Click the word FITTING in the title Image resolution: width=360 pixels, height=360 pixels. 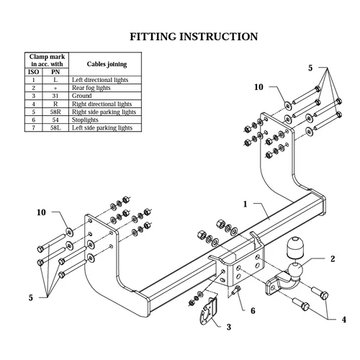pyautogui.click(x=153, y=37)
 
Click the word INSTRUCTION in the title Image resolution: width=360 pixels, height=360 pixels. pyautogui.click(x=219, y=37)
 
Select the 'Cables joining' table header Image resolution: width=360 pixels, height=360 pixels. pyautogui.click(x=107, y=64)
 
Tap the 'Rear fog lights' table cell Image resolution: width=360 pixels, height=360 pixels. pyautogui.click(x=91, y=88)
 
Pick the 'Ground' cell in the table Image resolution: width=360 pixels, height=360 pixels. pyautogui.click(x=82, y=96)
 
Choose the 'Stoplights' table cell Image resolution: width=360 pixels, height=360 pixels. pyautogui.click(x=85, y=120)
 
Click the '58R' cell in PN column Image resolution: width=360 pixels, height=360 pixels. pyautogui.click(x=55, y=112)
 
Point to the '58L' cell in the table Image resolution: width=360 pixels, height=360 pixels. pyautogui.click(x=55, y=127)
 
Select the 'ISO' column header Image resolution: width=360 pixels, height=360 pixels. pyautogui.click(x=34, y=72)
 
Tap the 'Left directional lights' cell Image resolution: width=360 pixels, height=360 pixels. pyautogui.click(x=100, y=80)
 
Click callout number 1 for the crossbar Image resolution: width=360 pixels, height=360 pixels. pyautogui.click(x=245, y=204)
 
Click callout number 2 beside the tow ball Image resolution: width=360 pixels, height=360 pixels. pyautogui.click(x=333, y=258)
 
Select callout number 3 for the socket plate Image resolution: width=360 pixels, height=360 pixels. pyautogui.click(x=229, y=327)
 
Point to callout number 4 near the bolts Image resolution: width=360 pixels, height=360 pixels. pyautogui.click(x=344, y=320)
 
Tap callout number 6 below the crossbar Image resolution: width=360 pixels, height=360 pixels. pyautogui.click(x=253, y=311)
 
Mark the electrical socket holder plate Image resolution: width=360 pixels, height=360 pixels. pyautogui.click(x=208, y=311)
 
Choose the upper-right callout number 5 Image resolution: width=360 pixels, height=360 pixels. pyautogui.click(x=310, y=68)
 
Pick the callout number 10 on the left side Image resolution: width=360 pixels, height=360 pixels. pyautogui.click(x=41, y=212)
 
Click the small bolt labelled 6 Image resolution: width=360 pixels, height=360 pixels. pyautogui.click(x=237, y=289)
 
